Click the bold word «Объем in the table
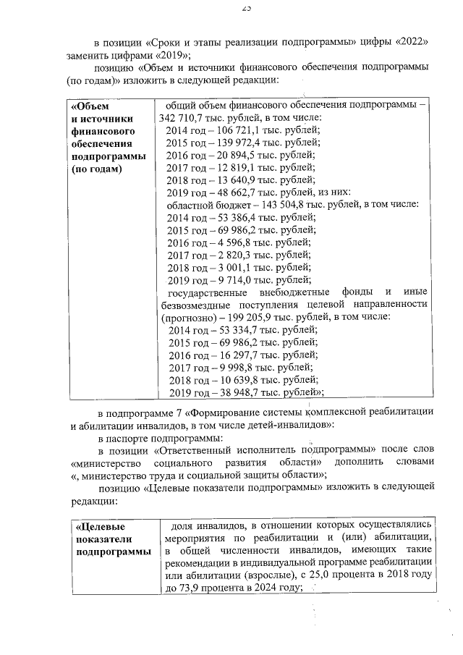(x=90, y=105)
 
